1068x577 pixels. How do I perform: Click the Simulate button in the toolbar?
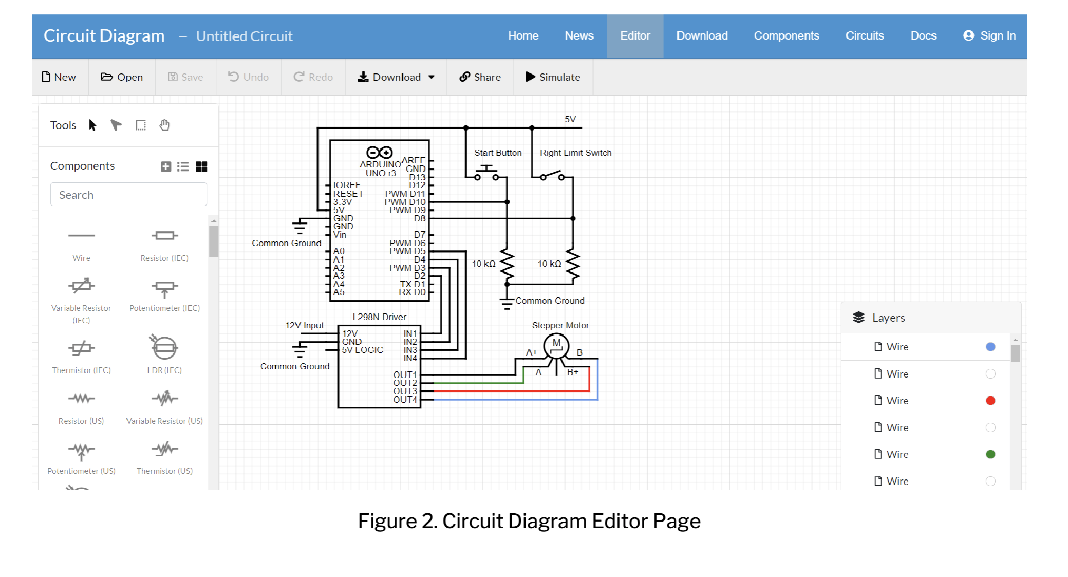pyautogui.click(x=553, y=77)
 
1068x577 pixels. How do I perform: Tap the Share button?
pyautogui.click(x=480, y=77)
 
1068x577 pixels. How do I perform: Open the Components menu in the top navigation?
pyautogui.click(x=786, y=36)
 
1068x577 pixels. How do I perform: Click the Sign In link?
pyautogui.click(x=989, y=36)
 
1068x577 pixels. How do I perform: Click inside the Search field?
pyautogui.click(x=128, y=195)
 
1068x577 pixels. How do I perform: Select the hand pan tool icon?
pyautogui.click(x=164, y=125)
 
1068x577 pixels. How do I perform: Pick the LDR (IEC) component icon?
pyautogui.click(x=164, y=348)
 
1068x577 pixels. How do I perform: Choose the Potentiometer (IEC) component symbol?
pyautogui.click(x=164, y=289)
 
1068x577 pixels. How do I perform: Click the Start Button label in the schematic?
pyautogui.click(x=497, y=153)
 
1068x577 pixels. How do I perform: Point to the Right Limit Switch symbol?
pyautogui.click(x=552, y=175)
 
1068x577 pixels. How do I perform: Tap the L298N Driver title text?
pyautogui.click(x=379, y=317)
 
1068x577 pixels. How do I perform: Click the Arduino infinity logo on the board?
pyautogui.click(x=379, y=152)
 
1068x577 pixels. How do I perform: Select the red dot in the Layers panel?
pyautogui.click(x=990, y=401)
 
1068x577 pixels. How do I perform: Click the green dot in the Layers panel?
pyautogui.click(x=990, y=454)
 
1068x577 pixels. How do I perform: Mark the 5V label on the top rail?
pyautogui.click(x=570, y=119)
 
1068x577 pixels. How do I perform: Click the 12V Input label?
pyautogui.click(x=304, y=325)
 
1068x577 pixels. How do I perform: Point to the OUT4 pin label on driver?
pyautogui.click(x=405, y=400)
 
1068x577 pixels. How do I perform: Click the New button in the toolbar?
pyautogui.click(x=59, y=77)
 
